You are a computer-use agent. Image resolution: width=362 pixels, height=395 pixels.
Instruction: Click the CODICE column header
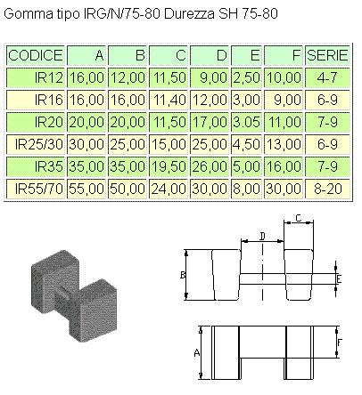tap(35, 55)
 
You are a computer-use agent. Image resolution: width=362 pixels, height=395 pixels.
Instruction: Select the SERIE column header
tap(326, 55)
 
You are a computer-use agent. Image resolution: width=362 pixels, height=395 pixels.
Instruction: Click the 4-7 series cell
tap(326, 77)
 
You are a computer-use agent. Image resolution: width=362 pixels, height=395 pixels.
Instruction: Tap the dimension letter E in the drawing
tap(338, 278)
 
